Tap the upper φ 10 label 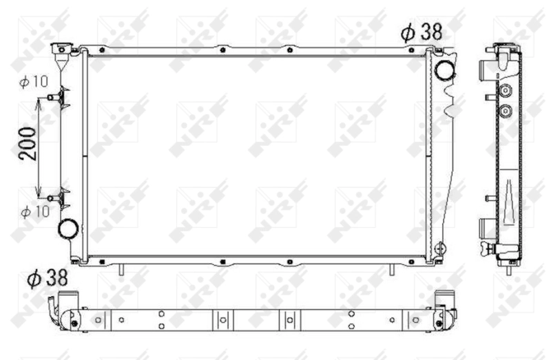tap(34, 81)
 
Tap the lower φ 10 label tap(34, 211)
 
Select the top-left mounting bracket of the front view tap(63, 49)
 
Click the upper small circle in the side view tap(506, 90)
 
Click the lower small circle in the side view tap(506, 110)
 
